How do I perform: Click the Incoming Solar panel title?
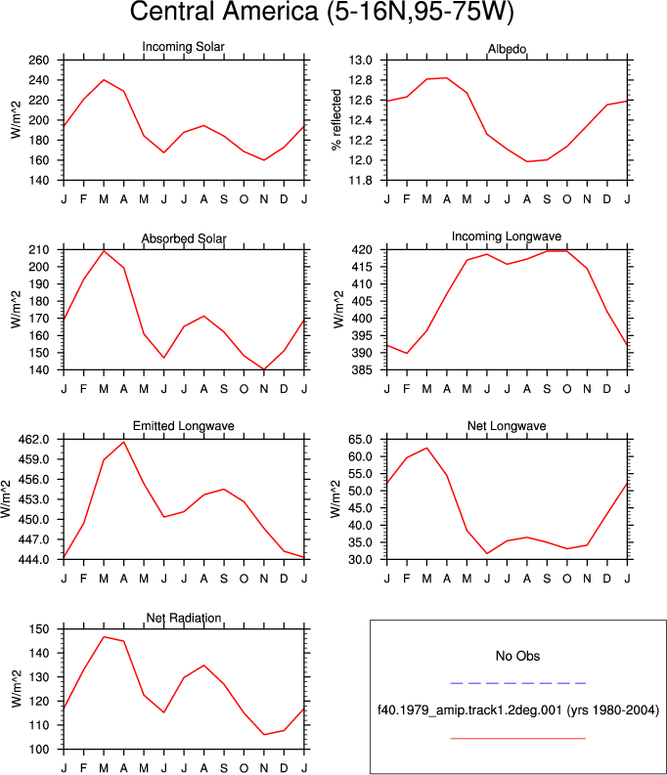coord(184,47)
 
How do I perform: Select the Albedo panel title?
coord(507,49)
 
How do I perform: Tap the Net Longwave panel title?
coord(507,426)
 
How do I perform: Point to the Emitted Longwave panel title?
coord(184,426)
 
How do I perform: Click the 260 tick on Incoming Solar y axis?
coord(39,61)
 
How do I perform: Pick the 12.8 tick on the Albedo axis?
coord(361,80)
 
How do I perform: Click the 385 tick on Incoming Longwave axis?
coord(363,369)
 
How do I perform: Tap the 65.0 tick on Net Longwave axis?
coord(361,440)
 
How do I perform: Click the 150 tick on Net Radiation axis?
coord(39,629)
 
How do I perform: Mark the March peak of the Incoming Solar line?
coord(104,79)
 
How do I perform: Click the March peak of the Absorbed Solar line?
coord(104,251)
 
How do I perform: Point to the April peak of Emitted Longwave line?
coord(123,442)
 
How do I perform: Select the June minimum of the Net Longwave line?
coord(487,553)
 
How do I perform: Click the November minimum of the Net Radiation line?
coord(264,735)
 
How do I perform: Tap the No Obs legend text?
coord(517,657)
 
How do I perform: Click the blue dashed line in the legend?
coord(518,683)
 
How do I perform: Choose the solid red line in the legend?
coord(518,739)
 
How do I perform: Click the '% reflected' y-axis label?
coord(336,120)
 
